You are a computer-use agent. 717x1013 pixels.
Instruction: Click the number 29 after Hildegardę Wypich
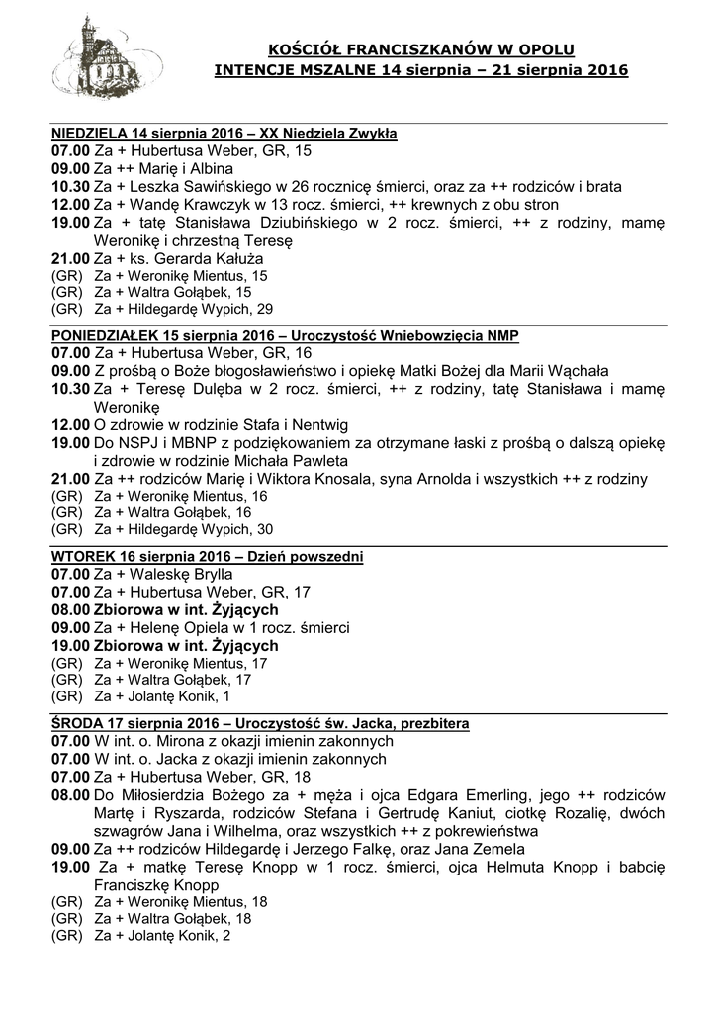coord(264,309)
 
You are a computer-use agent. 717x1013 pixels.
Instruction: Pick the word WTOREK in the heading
coord(81,557)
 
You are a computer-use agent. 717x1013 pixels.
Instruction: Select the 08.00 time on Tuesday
coord(70,609)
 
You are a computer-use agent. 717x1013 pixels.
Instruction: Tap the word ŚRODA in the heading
coord(76,724)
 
